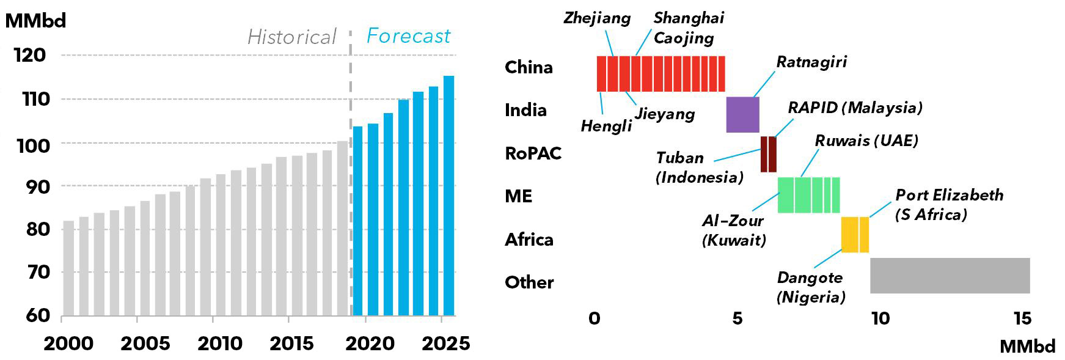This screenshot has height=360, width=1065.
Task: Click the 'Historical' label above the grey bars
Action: [291, 37]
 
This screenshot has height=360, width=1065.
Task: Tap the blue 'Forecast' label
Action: [408, 36]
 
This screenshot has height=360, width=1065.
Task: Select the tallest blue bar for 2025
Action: [448, 196]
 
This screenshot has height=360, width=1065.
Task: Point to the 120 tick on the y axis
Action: [30, 55]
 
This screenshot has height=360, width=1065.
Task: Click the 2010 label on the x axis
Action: [220, 343]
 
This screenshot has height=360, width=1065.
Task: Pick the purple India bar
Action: [742, 114]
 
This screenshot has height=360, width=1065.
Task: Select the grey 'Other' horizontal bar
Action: [950, 276]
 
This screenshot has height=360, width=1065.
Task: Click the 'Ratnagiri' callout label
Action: [811, 62]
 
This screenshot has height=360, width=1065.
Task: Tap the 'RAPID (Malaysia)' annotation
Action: [855, 108]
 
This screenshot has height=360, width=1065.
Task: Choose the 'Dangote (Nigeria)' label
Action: [810, 287]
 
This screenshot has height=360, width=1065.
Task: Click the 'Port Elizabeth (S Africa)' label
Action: [949, 204]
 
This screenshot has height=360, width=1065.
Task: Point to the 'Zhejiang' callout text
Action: [597, 18]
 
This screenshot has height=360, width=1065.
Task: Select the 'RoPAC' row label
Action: [533, 153]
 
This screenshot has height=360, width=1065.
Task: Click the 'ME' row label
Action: [518, 196]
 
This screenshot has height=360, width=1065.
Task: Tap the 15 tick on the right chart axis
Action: [1022, 318]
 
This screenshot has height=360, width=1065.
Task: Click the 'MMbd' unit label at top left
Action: [35, 21]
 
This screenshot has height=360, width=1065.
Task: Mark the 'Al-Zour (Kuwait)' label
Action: [733, 230]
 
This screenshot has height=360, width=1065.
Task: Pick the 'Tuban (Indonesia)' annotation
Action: [699, 167]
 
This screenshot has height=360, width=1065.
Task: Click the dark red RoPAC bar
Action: [768, 154]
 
